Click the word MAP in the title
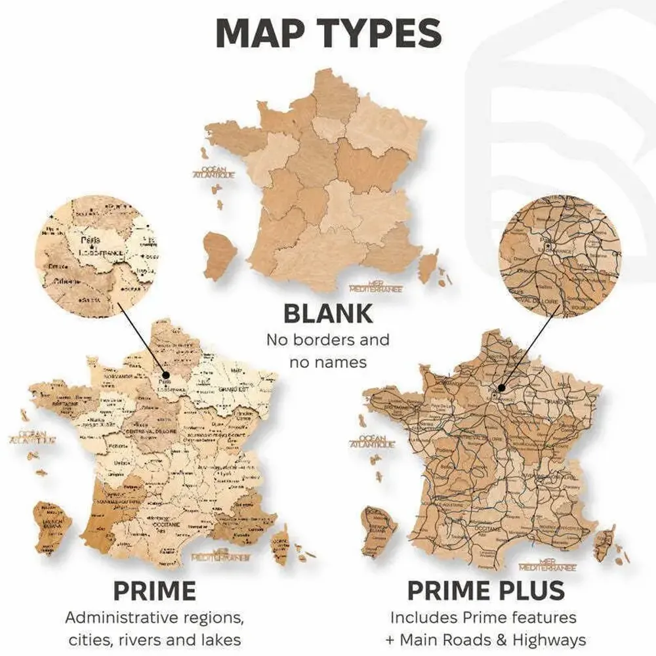(262, 33)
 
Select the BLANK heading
(327, 314)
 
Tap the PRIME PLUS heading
(486, 591)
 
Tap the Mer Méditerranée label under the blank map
(376, 287)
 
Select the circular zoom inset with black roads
(559, 260)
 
